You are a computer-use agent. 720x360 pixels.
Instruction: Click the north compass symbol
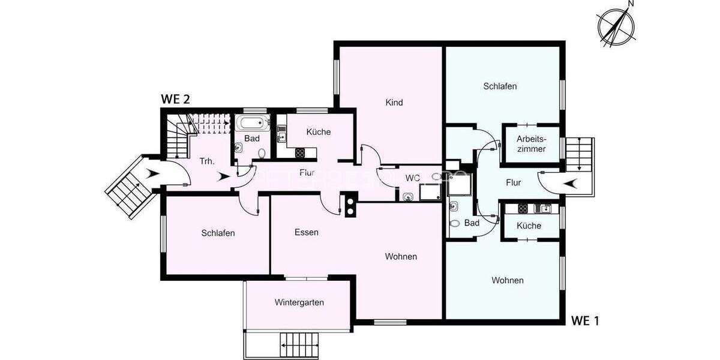(x=616, y=25)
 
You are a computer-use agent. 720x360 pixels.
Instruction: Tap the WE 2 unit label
(x=175, y=100)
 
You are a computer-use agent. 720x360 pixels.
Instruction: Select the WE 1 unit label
(x=584, y=320)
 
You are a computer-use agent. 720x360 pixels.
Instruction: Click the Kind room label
(x=394, y=103)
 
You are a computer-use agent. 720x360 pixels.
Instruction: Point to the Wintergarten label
(x=299, y=302)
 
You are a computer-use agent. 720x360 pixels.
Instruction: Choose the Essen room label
(x=306, y=232)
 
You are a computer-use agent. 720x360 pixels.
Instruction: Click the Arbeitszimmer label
(x=531, y=144)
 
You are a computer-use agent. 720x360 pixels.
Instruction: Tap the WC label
(x=412, y=178)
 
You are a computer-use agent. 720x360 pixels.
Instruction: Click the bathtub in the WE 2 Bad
(x=249, y=124)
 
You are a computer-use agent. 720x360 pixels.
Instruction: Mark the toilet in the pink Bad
(x=261, y=154)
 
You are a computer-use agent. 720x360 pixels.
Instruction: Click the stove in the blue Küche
(x=522, y=209)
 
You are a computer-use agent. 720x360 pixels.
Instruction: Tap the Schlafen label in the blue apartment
(x=500, y=86)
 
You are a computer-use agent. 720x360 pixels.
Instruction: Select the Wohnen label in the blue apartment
(x=507, y=280)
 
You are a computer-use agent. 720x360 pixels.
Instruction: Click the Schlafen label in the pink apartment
(x=218, y=233)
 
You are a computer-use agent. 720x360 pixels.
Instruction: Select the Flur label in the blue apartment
(x=513, y=182)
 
